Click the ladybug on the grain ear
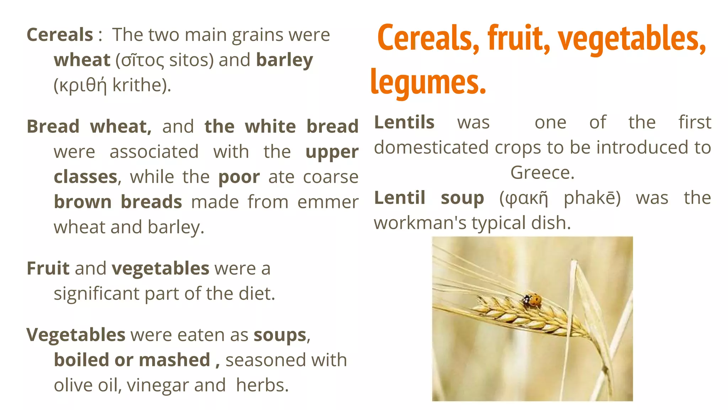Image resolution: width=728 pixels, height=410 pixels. pyautogui.click(x=531, y=299)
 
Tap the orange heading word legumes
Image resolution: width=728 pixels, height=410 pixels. pyautogui.click(x=428, y=82)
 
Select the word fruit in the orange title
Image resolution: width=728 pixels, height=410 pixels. pyautogui.click(x=519, y=38)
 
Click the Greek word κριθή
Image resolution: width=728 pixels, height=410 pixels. pyautogui.click(x=82, y=85)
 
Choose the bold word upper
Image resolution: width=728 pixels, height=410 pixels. pyautogui.click(x=332, y=152)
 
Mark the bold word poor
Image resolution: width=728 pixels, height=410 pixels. pyautogui.click(x=239, y=177)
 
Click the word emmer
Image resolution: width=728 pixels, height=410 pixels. pyautogui.click(x=328, y=202)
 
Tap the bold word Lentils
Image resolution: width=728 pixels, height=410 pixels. pyautogui.click(x=404, y=122)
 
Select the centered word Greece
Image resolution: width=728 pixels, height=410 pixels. pyautogui.click(x=542, y=173)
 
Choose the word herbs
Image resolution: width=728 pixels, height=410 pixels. pyautogui.click(x=262, y=385)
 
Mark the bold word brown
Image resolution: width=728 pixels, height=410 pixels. pyautogui.click(x=82, y=202)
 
